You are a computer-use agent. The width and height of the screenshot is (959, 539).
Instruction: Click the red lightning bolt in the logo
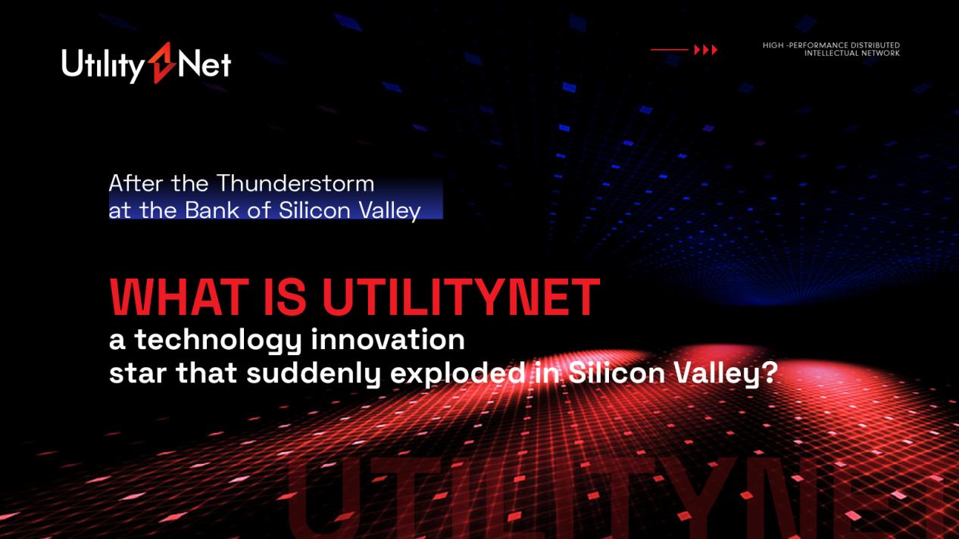tap(162, 63)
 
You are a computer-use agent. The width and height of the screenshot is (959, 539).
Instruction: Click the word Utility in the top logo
tap(103, 66)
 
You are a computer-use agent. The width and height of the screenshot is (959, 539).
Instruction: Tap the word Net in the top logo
tap(205, 64)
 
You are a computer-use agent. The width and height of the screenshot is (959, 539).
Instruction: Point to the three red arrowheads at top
tap(705, 50)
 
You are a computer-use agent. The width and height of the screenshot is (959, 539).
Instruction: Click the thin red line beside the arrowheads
tap(670, 50)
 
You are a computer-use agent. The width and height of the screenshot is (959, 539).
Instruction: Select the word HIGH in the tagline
tap(773, 45)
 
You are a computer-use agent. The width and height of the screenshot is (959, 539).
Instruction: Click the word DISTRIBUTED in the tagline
tap(876, 45)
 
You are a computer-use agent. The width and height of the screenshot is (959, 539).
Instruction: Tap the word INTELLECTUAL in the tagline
tap(831, 53)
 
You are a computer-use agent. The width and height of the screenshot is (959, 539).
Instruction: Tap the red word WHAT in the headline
tap(180, 296)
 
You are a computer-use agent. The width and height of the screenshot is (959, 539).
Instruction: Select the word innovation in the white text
tap(388, 339)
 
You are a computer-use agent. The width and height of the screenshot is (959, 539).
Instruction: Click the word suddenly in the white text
tap(314, 373)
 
